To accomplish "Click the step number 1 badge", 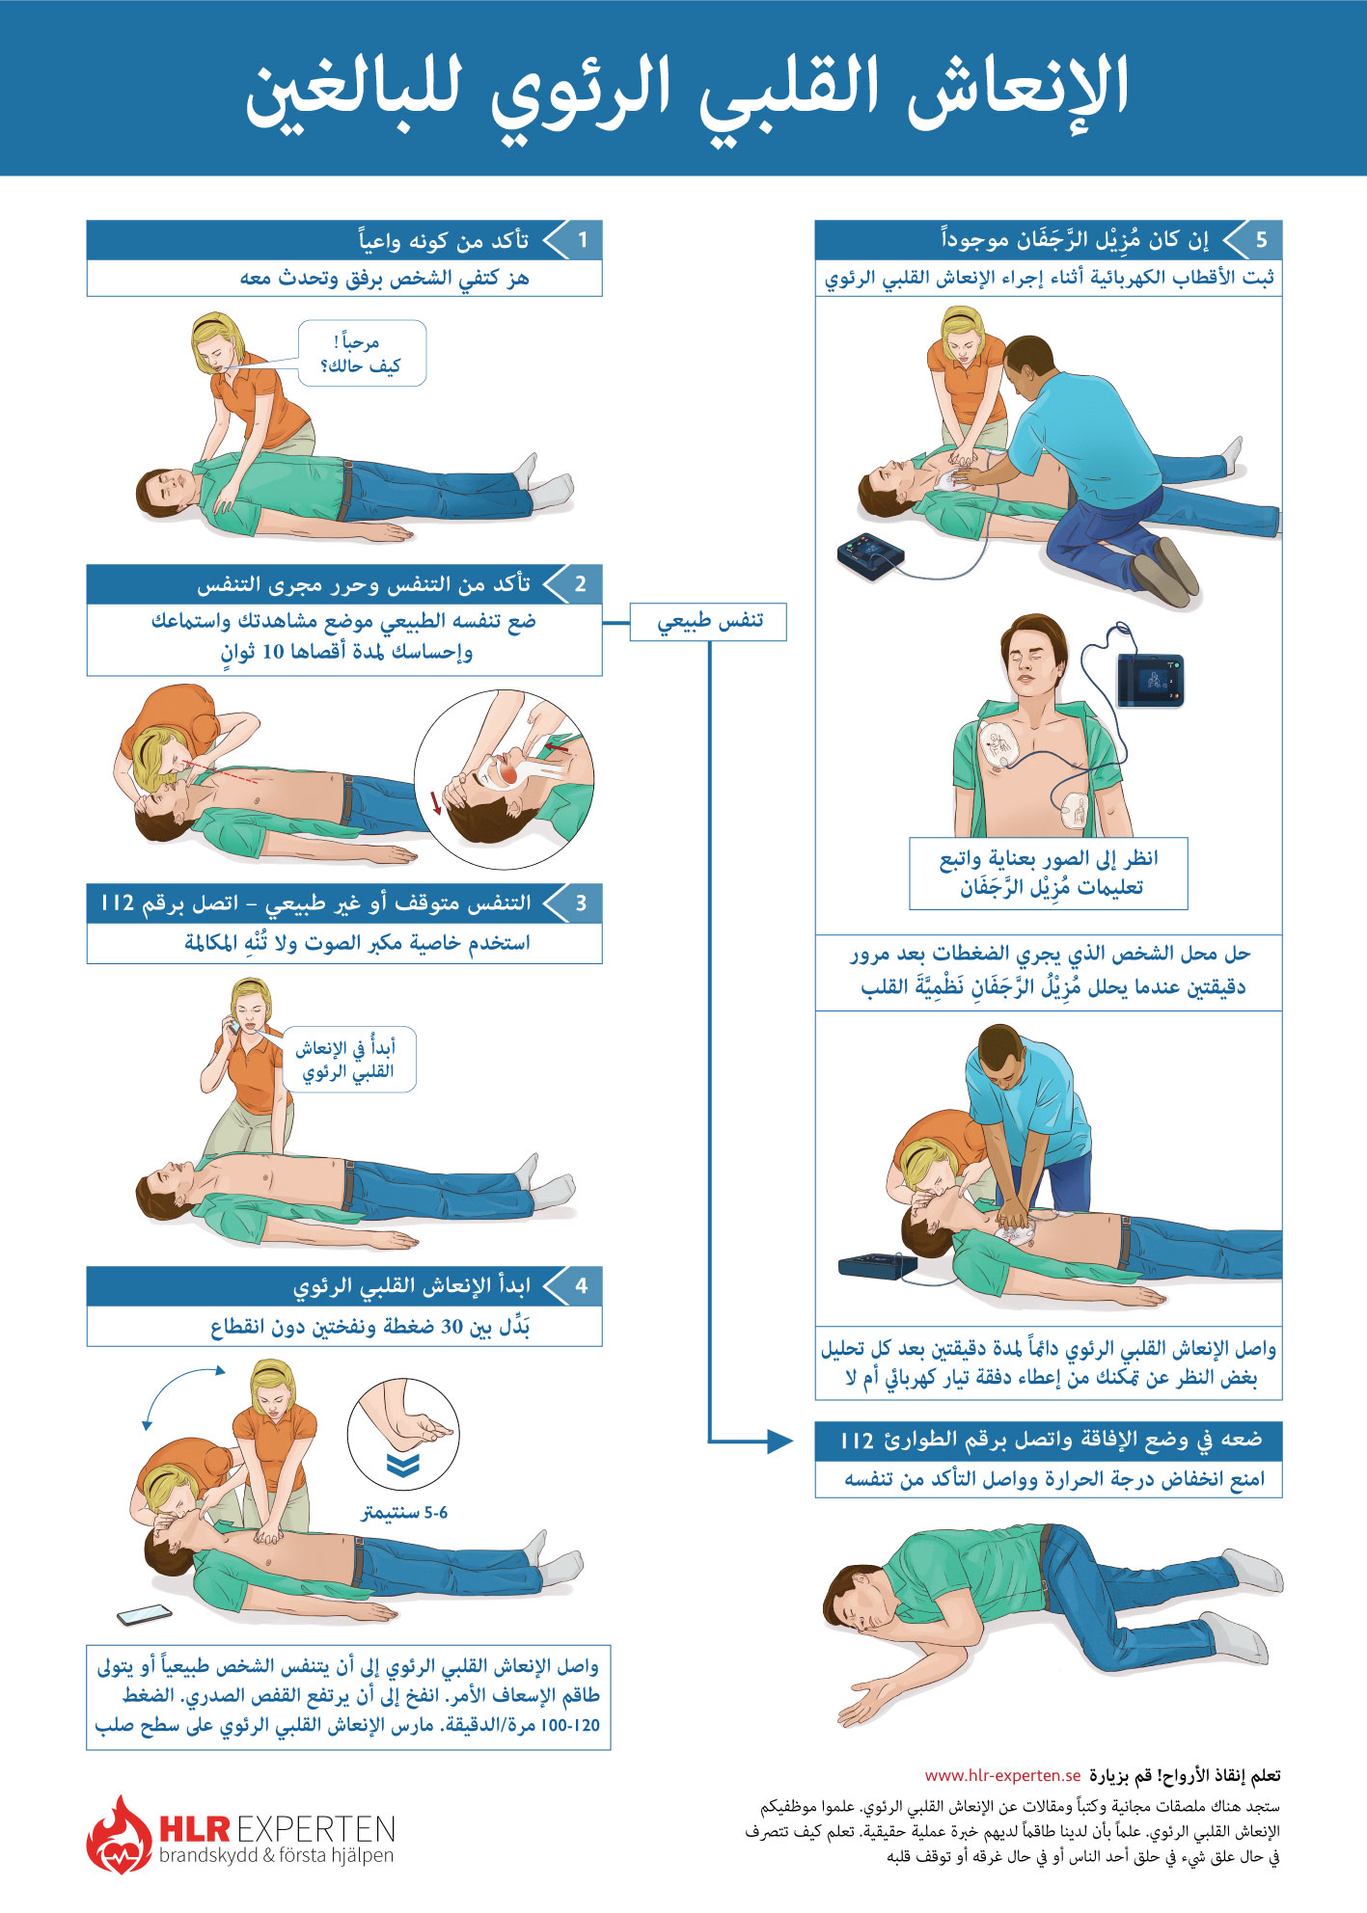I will click(x=583, y=240).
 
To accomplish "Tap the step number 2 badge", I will click(x=581, y=584).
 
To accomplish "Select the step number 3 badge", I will click(x=581, y=903).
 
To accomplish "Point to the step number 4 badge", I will click(x=581, y=1286).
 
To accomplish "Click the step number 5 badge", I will click(x=1261, y=240).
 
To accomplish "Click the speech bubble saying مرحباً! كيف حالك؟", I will click(x=362, y=354).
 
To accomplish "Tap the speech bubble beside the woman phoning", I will click(x=348, y=1059).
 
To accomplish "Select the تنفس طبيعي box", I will click(x=709, y=622).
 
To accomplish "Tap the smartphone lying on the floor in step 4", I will click(x=145, y=1614).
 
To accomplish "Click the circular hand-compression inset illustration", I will click(x=403, y=1435).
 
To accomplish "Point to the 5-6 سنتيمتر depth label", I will click(x=405, y=1513).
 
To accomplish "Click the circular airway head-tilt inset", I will click(x=504, y=779).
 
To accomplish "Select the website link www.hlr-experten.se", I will click(x=1002, y=1775).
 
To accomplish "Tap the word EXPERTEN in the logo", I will click(x=315, y=1829).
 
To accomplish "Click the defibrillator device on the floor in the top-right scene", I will click(x=871, y=556).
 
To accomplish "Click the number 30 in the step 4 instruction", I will click(x=451, y=1328).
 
